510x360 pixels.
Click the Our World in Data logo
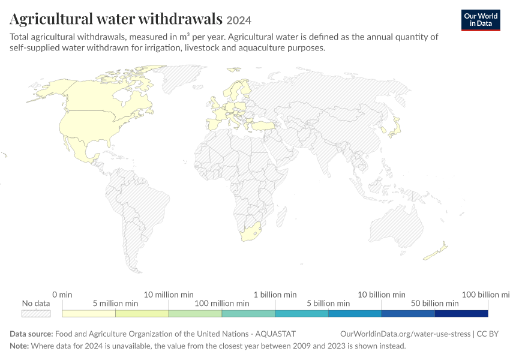pyautogui.click(x=481, y=20)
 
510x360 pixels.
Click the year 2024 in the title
pyautogui.click(x=239, y=20)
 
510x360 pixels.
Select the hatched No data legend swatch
pyautogui.click(x=36, y=313)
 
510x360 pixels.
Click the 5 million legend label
pyautogui.click(x=115, y=304)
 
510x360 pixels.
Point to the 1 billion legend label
pyautogui.click(x=275, y=295)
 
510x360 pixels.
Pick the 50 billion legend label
pyautogui.click(x=435, y=304)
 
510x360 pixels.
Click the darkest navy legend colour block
pyautogui.click(x=461, y=313)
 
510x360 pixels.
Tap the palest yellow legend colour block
pyautogui.click(x=89, y=313)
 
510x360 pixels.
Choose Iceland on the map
pyautogui.click(x=233, y=69)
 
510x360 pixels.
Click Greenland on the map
pyautogui.click(x=182, y=77)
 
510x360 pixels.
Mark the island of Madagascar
pyautogui.click(x=281, y=217)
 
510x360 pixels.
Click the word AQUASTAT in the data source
pyautogui.click(x=275, y=334)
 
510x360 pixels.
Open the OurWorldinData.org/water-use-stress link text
pyautogui.click(x=405, y=334)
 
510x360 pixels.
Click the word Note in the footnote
pyautogui.click(x=19, y=346)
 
